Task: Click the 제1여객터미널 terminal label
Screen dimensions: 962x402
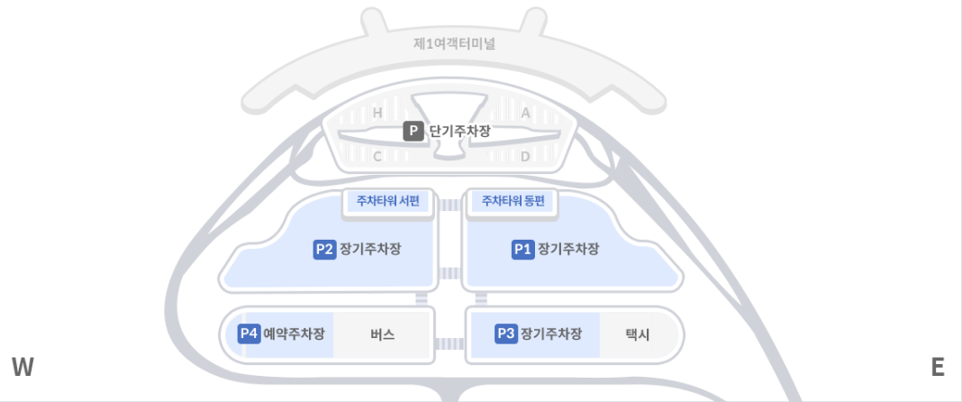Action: (x=455, y=44)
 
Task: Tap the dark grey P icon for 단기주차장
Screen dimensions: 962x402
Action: (x=413, y=132)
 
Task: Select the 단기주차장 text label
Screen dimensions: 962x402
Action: (x=460, y=132)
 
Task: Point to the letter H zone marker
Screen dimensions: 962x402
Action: (x=378, y=113)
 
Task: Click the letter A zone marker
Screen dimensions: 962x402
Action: (x=525, y=113)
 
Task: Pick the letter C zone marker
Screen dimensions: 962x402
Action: (x=378, y=157)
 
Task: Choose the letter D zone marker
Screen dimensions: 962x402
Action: (x=525, y=157)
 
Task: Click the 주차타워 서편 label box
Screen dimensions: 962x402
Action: (x=388, y=201)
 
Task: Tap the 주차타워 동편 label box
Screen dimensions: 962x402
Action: (x=513, y=201)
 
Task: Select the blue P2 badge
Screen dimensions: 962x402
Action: (x=324, y=249)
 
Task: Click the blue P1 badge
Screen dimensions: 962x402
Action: (x=522, y=249)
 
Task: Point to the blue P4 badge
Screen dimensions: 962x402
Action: (x=250, y=333)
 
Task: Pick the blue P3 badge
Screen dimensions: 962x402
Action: (x=506, y=333)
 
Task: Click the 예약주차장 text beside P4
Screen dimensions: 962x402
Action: (x=294, y=333)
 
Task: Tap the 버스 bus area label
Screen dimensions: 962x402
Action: (x=383, y=334)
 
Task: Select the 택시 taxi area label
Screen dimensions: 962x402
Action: (x=638, y=334)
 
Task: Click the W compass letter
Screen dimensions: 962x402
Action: (x=23, y=367)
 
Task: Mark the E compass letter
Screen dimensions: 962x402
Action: (x=938, y=367)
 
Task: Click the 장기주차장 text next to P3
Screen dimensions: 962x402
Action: (x=551, y=333)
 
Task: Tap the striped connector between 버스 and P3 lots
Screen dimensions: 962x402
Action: (x=449, y=343)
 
